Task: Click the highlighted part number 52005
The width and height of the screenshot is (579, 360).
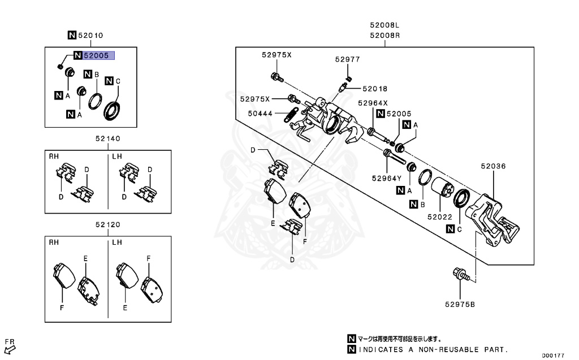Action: [x=98, y=55]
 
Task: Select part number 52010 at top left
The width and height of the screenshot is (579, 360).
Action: [x=90, y=36]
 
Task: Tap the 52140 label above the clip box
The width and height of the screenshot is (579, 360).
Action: [x=107, y=138]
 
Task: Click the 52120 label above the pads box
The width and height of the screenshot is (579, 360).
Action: [x=107, y=224]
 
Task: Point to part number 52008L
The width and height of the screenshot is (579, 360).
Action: [x=385, y=25]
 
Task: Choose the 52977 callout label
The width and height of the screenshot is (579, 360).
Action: [x=347, y=59]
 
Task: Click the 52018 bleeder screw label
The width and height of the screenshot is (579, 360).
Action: [x=375, y=89]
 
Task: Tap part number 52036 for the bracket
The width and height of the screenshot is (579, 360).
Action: [x=493, y=167]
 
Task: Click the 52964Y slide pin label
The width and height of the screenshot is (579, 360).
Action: [x=386, y=178]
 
